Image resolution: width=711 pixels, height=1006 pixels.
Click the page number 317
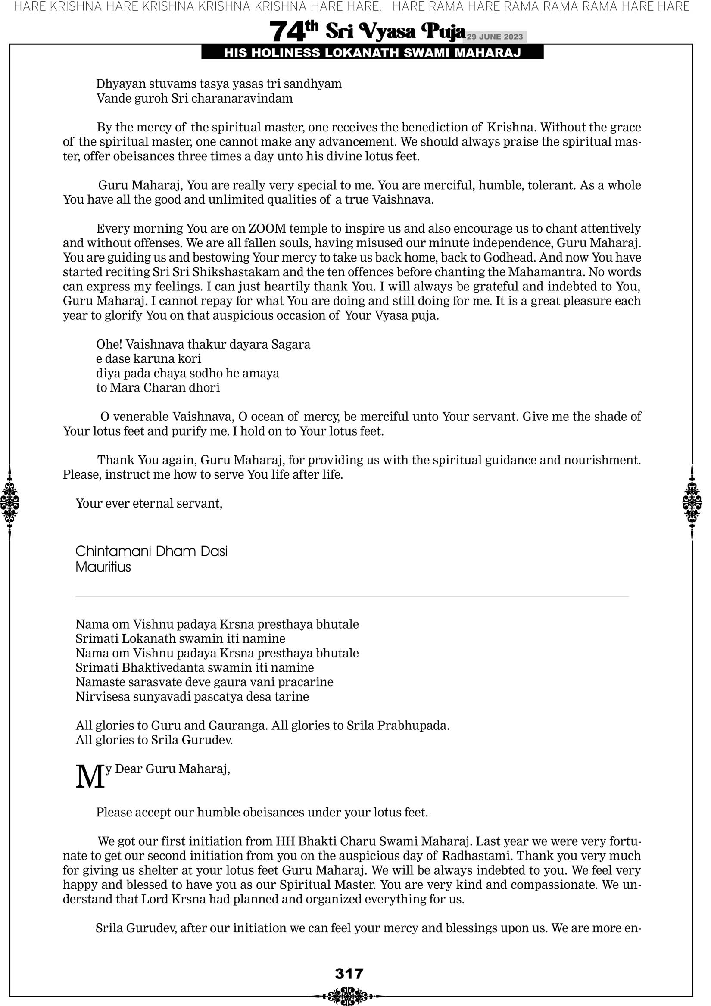coord(349,974)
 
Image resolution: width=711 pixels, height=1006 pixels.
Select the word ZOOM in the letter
coord(268,229)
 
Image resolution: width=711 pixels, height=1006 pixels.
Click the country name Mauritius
coord(103,567)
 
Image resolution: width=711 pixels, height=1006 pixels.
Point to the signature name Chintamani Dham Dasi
coord(151,551)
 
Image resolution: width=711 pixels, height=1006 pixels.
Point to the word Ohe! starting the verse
coord(109,344)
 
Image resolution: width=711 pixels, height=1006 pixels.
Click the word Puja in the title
coord(443,31)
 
